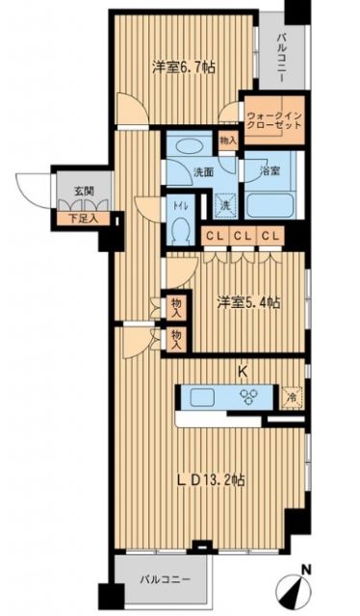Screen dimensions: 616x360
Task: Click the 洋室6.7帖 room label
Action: tap(181, 67)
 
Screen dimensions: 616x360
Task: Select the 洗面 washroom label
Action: tap(178, 174)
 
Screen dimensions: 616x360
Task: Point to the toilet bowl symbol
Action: tap(180, 232)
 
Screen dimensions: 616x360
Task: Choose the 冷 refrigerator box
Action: tap(292, 395)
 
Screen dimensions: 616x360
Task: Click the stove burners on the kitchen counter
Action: tap(248, 396)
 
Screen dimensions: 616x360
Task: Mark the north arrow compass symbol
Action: tap(298, 584)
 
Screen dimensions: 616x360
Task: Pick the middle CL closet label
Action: tap(241, 236)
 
